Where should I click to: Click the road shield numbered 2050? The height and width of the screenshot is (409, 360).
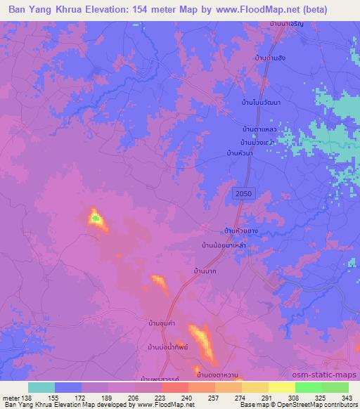[x=243, y=193]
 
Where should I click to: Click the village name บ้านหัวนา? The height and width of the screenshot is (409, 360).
[x=239, y=152]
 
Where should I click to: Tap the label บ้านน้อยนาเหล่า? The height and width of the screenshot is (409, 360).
[x=224, y=245]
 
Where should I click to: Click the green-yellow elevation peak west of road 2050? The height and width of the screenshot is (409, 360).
[x=96, y=220]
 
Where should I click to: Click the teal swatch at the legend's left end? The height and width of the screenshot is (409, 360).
[x=41, y=387]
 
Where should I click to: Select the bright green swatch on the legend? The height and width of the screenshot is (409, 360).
[x=309, y=387]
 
